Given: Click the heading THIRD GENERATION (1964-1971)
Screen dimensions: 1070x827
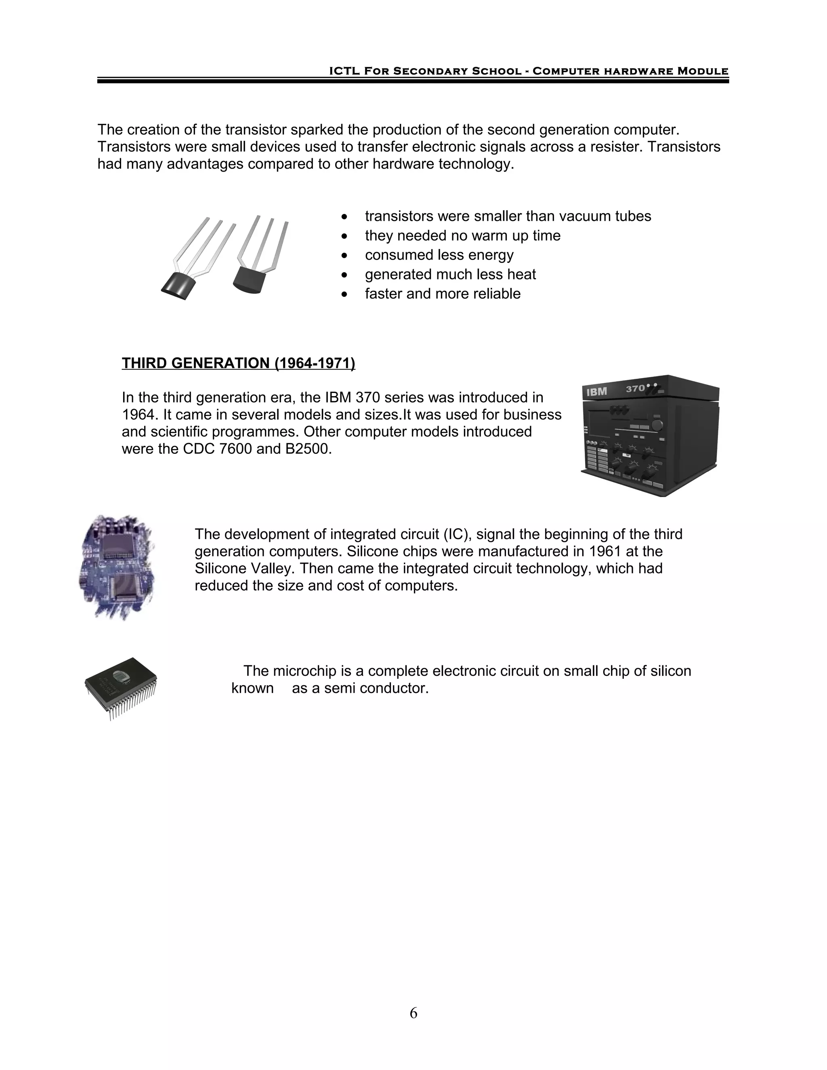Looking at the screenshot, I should [238, 363].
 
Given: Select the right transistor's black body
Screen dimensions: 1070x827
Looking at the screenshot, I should [250, 280].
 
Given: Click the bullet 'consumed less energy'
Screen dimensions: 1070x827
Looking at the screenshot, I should [439, 255].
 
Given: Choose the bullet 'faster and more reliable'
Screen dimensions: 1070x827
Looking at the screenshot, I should [443, 294].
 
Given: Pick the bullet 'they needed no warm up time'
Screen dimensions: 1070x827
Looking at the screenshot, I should [462, 236].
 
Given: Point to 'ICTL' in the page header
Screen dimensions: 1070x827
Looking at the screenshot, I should [345, 71].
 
